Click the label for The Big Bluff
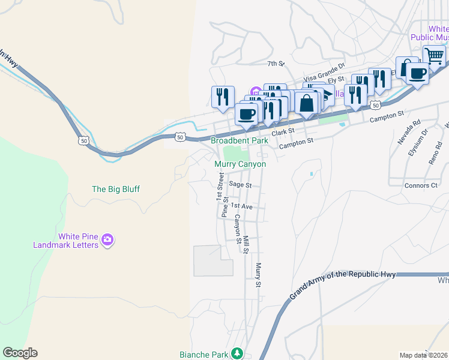[x=115, y=189]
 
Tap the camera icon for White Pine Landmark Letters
[x=107, y=240]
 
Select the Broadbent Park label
[x=239, y=140]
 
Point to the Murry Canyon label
[x=240, y=164]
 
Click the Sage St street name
[x=240, y=185]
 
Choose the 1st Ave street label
[x=241, y=206]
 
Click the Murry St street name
[x=259, y=275]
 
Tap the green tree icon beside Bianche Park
[x=238, y=353]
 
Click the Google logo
[x=20, y=353]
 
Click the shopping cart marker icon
[x=434, y=56]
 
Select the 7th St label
[x=275, y=63]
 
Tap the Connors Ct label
[x=421, y=185]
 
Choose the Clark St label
[x=283, y=131]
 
